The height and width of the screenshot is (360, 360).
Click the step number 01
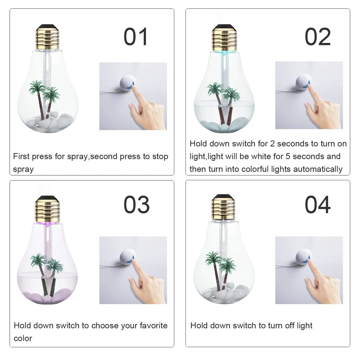tap(136, 36)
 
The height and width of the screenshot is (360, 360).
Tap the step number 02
tap(318, 36)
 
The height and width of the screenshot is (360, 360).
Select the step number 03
tap(136, 204)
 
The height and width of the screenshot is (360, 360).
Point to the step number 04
tap(318, 204)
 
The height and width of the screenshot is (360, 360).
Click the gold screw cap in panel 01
tap(47, 37)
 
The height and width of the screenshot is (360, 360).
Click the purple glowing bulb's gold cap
tap(47, 209)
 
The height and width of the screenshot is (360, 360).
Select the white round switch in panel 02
tap(303, 81)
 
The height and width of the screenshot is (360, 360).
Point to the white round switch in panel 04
tap(303, 256)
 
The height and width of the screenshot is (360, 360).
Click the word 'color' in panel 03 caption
tap(23, 338)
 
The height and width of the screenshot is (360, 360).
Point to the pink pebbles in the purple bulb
tap(47, 297)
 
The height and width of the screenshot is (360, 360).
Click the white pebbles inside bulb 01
tap(49, 122)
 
